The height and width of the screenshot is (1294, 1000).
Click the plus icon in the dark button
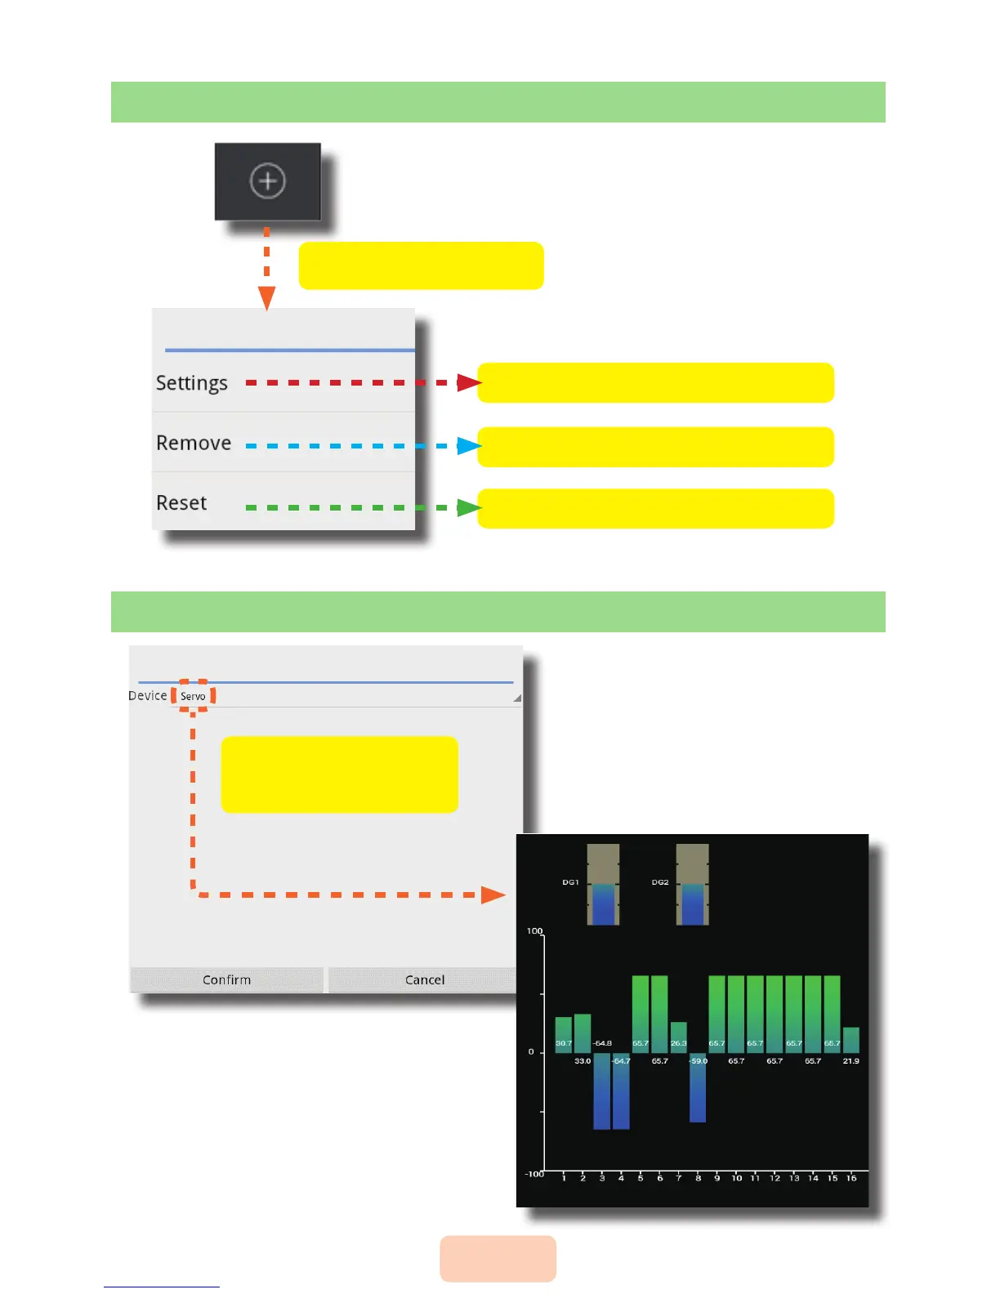(268, 181)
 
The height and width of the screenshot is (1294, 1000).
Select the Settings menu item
(192, 383)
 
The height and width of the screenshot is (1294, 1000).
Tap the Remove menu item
(194, 443)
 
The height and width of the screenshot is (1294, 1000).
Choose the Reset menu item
(181, 502)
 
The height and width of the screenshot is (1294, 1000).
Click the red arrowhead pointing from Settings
(468, 382)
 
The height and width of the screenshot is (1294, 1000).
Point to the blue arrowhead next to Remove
(468, 446)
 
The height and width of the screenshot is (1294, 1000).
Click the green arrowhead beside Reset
(468, 508)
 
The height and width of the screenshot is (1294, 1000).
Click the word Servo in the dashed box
(193, 696)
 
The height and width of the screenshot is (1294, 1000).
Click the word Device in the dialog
(148, 695)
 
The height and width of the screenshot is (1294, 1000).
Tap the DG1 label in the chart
(570, 882)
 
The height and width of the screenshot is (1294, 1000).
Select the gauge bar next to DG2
(692, 885)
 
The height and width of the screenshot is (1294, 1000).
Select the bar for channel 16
(850, 1040)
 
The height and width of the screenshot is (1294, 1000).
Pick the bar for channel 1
(564, 1034)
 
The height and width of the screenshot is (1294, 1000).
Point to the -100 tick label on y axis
(533, 1174)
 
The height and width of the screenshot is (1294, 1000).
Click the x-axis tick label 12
(775, 1178)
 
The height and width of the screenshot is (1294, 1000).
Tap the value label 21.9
(850, 1061)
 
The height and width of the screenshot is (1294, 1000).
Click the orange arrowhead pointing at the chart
(493, 895)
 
